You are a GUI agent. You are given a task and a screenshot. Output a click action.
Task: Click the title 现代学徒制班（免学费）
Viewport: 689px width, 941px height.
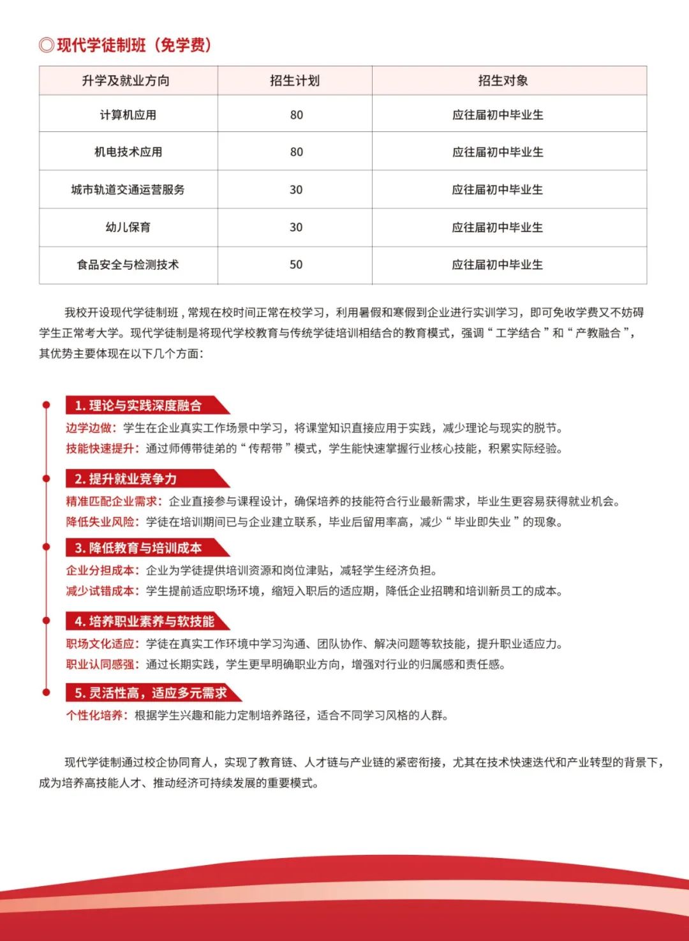point(126,45)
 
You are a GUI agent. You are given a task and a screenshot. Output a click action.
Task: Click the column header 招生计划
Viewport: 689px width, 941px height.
point(295,80)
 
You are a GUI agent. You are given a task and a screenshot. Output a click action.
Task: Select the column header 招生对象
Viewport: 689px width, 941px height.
point(503,80)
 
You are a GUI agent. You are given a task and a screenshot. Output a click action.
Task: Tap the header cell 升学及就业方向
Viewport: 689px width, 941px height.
point(126,80)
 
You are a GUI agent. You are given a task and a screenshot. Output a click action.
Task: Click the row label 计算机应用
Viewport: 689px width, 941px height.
point(128,115)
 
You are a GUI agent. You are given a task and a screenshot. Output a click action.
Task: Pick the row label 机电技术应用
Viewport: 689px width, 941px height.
point(128,152)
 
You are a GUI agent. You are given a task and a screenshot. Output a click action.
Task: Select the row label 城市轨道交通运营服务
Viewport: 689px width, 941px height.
point(128,189)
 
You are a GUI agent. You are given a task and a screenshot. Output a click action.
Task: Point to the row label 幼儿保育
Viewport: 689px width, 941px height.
point(128,227)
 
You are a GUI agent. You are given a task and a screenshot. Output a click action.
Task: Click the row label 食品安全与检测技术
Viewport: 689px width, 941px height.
point(128,265)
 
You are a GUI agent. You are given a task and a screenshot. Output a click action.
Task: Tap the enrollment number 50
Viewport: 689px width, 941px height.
point(296,265)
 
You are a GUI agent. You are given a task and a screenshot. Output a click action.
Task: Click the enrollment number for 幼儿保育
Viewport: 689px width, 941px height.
point(296,227)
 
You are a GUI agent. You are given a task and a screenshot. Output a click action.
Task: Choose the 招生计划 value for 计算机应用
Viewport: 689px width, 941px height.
point(296,115)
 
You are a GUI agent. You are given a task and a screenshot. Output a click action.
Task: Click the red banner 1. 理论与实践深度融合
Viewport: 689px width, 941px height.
point(138,406)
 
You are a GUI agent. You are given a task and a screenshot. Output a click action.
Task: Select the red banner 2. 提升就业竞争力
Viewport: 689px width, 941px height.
point(126,479)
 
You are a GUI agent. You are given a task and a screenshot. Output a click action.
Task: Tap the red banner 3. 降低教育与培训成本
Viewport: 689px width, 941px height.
point(138,548)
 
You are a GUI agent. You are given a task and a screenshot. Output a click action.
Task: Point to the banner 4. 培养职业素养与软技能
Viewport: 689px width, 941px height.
point(145,621)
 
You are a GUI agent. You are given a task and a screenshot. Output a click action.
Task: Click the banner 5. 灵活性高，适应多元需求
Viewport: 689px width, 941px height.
point(151,693)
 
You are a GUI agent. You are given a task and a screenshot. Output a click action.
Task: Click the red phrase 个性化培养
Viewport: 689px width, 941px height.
point(95,715)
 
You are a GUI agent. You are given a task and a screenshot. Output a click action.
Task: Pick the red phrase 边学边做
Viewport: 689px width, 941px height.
point(89,428)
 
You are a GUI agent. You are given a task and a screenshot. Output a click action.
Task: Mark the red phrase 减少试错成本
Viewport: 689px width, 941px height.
point(101,591)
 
